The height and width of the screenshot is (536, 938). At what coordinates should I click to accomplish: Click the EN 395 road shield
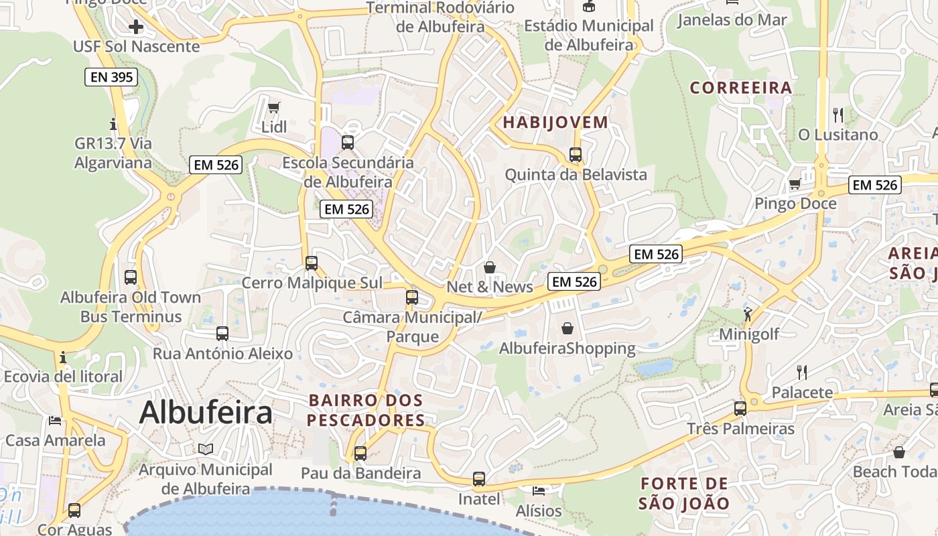tap(112, 77)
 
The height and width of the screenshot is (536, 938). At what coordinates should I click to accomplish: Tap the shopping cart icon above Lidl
tap(273, 107)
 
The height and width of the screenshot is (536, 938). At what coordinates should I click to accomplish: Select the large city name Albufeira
tap(206, 412)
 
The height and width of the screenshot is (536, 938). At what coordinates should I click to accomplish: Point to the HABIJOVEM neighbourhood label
tap(555, 123)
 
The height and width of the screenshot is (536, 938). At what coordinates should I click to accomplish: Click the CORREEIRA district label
tap(741, 88)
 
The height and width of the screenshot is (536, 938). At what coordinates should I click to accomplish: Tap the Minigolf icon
tap(748, 314)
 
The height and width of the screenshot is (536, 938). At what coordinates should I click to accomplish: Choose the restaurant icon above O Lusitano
tap(837, 115)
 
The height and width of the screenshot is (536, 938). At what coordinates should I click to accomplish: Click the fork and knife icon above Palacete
tap(801, 373)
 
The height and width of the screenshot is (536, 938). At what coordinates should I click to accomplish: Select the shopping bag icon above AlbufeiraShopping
tap(567, 328)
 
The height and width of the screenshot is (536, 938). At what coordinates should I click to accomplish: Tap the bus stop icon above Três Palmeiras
tap(740, 408)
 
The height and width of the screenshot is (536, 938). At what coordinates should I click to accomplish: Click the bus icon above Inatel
tap(478, 479)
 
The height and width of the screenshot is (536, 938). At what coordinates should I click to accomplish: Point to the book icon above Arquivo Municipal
tap(205, 450)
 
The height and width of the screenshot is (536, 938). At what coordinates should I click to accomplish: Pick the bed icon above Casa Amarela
tap(55, 421)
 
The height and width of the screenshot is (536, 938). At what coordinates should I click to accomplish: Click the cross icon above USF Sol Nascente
tap(136, 27)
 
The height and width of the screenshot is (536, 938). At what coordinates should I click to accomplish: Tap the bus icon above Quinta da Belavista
tap(576, 155)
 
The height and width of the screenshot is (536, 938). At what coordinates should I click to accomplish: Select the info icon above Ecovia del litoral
tap(63, 357)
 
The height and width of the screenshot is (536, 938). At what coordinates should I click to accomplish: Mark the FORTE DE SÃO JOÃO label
tap(684, 493)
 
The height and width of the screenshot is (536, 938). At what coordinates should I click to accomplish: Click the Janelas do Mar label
tap(732, 19)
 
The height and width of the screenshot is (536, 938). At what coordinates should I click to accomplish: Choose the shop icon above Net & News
tap(490, 267)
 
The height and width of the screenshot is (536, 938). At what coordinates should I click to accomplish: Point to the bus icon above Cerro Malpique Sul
tap(312, 263)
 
